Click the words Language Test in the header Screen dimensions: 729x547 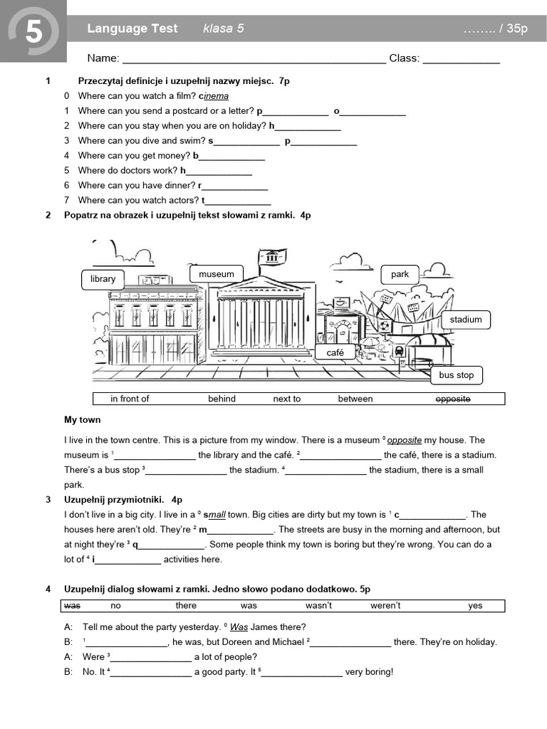point(132,28)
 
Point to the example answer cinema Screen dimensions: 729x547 point(214,96)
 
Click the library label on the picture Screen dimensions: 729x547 point(103,279)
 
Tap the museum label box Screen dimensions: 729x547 point(217,274)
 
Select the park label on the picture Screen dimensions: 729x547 point(400,274)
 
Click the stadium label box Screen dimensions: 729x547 point(466,320)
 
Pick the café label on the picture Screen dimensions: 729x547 point(335,352)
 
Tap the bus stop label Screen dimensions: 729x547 point(456,375)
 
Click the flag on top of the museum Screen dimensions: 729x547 point(272,256)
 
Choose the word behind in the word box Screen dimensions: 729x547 point(222,399)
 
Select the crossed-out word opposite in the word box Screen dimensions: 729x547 point(453,399)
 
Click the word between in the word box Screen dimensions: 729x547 point(355,399)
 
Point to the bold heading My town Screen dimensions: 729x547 point(83,419)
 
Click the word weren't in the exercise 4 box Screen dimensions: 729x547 point(385,606)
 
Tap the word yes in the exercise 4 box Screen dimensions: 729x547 point(475,606)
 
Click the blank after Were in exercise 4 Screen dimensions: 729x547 point(150,658)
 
